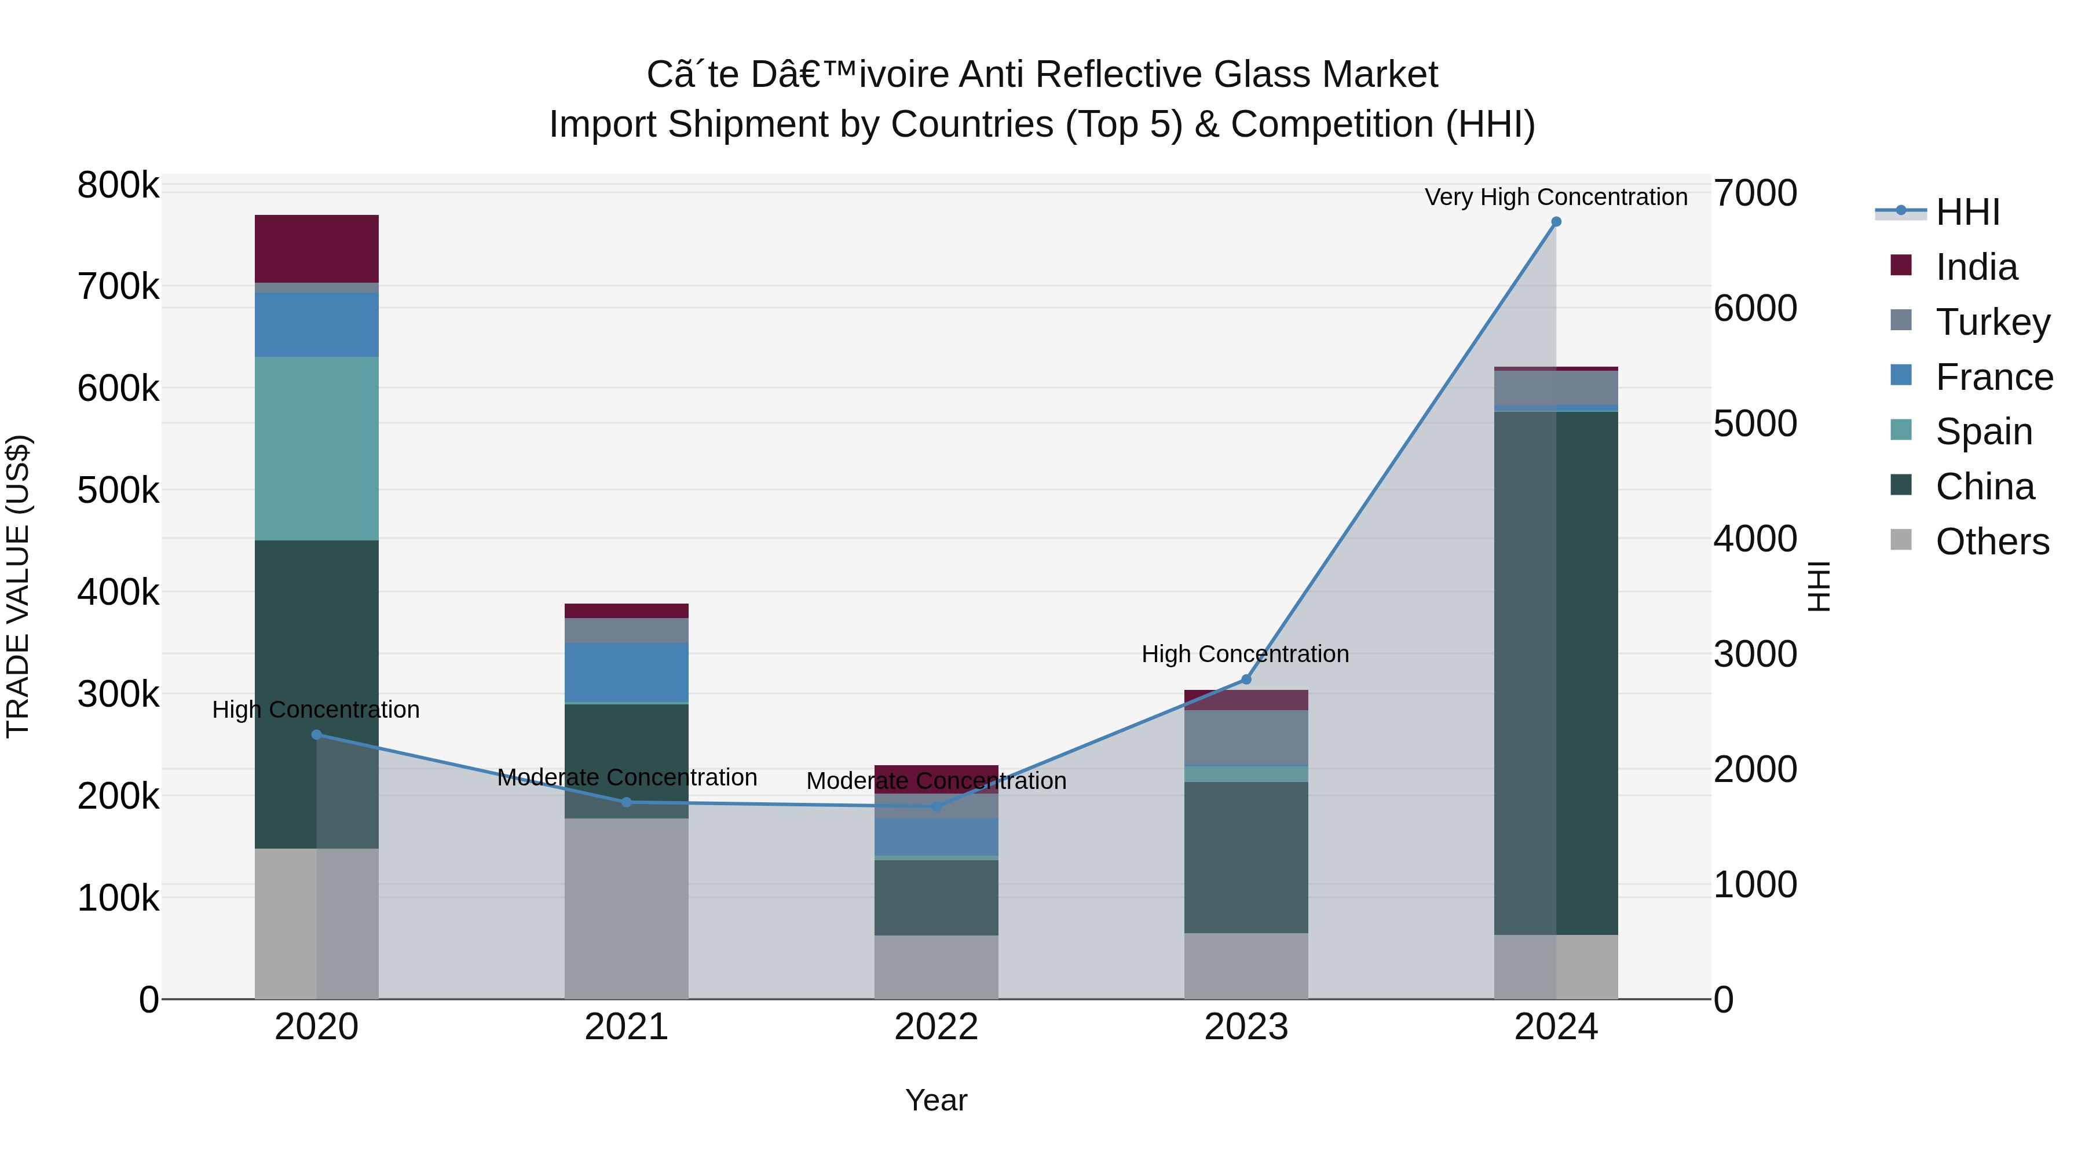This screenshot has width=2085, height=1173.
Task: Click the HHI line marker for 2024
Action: (x=1556, y=222)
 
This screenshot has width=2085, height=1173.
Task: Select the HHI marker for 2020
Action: (x=316, y=735)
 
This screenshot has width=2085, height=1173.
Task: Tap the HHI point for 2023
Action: (x=1246, y=679)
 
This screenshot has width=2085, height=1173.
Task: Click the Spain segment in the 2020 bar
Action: (x=316, y=448)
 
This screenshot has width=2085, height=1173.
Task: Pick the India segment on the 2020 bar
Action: (x=316, y=249)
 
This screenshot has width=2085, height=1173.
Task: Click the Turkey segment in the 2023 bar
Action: (x=1246, y=737)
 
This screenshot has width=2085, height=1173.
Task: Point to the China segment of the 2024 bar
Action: (x=1556, y=672)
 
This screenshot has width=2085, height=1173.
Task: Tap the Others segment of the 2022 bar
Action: (x=937, y=967)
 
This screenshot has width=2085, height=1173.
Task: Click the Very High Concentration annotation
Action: (x=1556, y=198)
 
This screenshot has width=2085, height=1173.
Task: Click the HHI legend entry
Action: (x=1967, y=212)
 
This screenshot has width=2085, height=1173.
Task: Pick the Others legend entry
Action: (x=1992, y=542)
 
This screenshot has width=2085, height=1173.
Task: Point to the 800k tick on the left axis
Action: (x=118, y=185)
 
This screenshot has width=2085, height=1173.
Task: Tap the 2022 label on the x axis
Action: (x=937, y=1027)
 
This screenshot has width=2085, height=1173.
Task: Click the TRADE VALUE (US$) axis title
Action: (x=18, y=586)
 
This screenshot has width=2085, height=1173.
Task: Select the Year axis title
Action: (x=937, y=1100)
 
